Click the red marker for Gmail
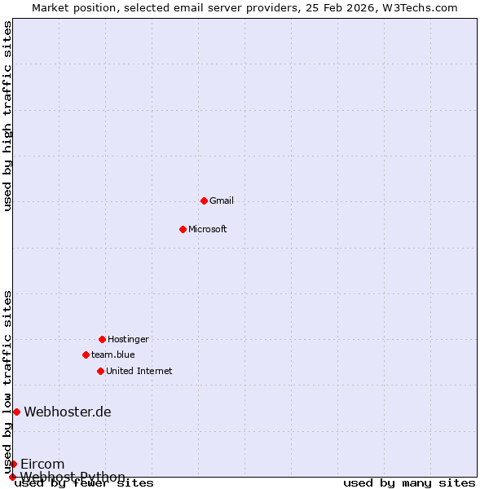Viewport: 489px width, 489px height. coord(204,200)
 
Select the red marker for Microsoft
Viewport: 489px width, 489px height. coord(183,229)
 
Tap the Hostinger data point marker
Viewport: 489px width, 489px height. coord(102,339)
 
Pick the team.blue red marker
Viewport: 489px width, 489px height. coord(86,355)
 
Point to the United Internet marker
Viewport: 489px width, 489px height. coord(100,371)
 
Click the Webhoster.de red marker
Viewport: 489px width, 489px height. coord(16,412)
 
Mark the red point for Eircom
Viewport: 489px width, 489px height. coord(13,464)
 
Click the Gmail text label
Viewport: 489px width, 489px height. coord(222,200)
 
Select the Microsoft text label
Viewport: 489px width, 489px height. coord(208,229)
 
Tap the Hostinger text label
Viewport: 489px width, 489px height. coord(128,339)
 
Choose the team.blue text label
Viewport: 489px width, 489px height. coord(113,355)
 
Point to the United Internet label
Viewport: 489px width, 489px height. coord(139,371)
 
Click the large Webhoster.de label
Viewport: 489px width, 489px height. coord(68,412)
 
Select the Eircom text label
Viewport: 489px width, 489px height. coord(42,464)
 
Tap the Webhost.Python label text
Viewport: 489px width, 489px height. coord(73,477)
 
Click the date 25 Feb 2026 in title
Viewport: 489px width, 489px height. coord(346,7)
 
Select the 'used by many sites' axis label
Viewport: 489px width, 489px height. coord(409,483)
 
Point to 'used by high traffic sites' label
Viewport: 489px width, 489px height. coord(8,116)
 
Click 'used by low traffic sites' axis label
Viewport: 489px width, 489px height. coord(8,381)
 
